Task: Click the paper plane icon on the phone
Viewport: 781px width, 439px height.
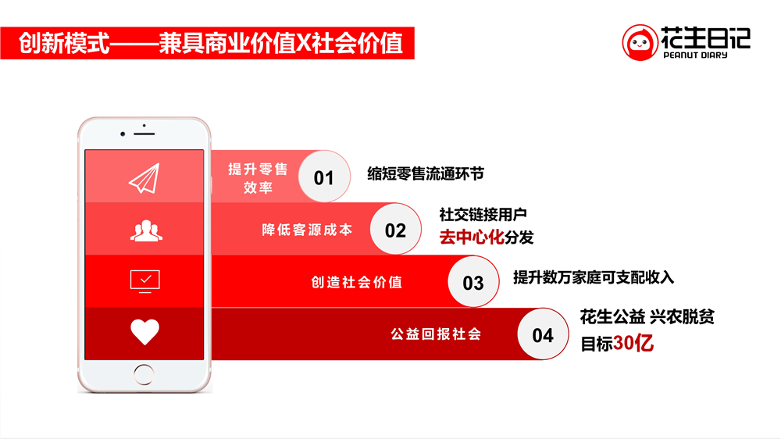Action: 144,178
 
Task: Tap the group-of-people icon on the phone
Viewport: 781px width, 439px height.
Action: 146,230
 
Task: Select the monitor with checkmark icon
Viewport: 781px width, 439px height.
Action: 145,281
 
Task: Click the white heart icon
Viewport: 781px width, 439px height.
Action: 145,331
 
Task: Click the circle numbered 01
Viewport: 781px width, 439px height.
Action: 324,177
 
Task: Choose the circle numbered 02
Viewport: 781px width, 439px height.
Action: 395,229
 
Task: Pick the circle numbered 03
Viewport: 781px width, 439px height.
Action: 473,282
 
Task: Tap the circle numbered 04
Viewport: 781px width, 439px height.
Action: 543,334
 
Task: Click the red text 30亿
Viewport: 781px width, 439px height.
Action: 633,344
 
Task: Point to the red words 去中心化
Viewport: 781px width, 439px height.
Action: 471,237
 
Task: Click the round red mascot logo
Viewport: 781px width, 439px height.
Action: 640,43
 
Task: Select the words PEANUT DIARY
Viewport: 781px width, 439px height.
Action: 695,55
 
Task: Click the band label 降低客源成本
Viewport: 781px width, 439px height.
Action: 307,230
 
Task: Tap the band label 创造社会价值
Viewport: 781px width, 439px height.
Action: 357,282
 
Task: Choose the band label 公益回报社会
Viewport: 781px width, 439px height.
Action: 436,334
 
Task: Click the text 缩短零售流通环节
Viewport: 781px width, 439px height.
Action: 426,174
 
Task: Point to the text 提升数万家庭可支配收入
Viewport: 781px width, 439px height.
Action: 594,277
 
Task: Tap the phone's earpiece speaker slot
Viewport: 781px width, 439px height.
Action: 144,134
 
